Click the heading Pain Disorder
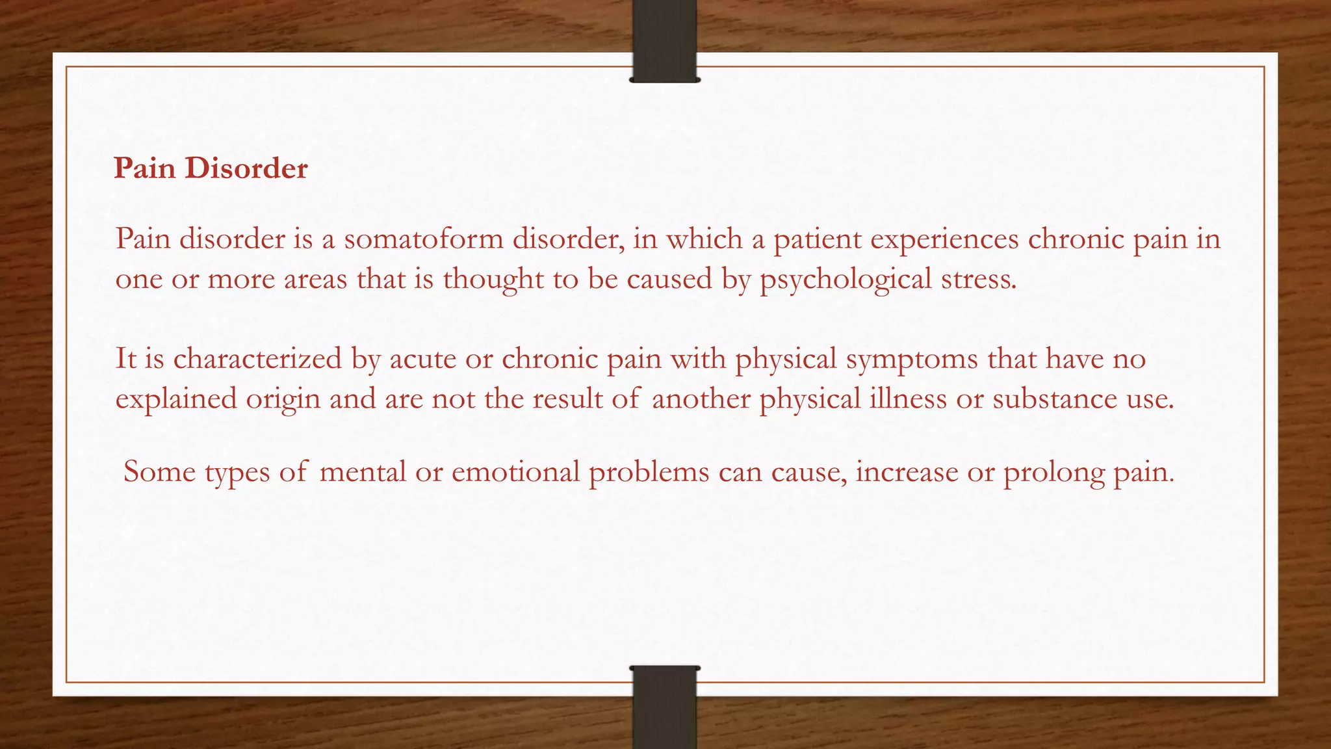[211, 168]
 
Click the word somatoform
[424, 239]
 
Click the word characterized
[257, 359]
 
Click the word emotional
[515, 471]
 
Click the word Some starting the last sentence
[159, 471]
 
